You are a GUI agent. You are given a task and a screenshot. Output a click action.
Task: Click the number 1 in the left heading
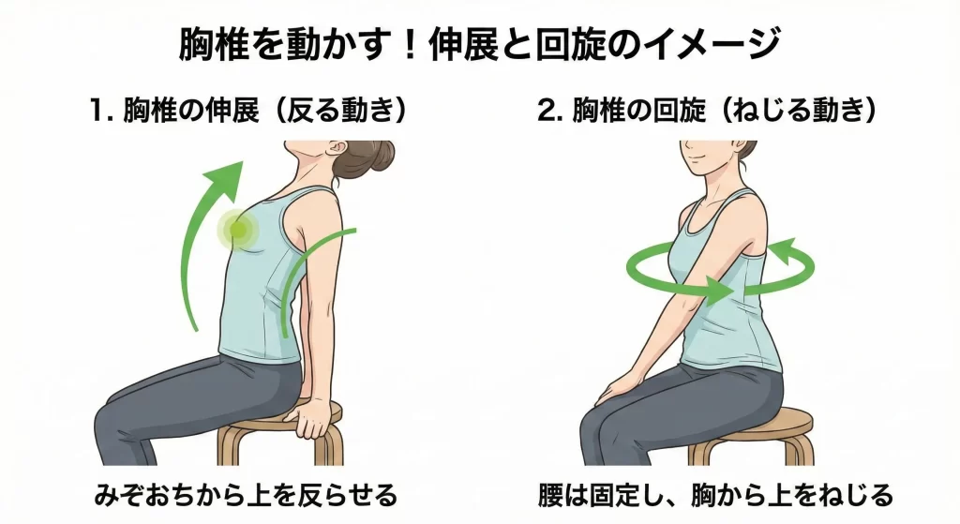tap(97, 112)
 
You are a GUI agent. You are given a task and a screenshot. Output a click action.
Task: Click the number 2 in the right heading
tap(547, 112)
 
